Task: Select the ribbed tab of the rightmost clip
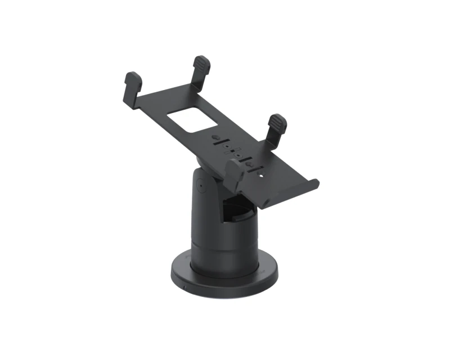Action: pos(277,123)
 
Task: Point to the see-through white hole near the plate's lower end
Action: pos(260,176)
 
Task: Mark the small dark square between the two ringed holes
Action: pos(233,153)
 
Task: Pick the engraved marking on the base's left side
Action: pos(181,256)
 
